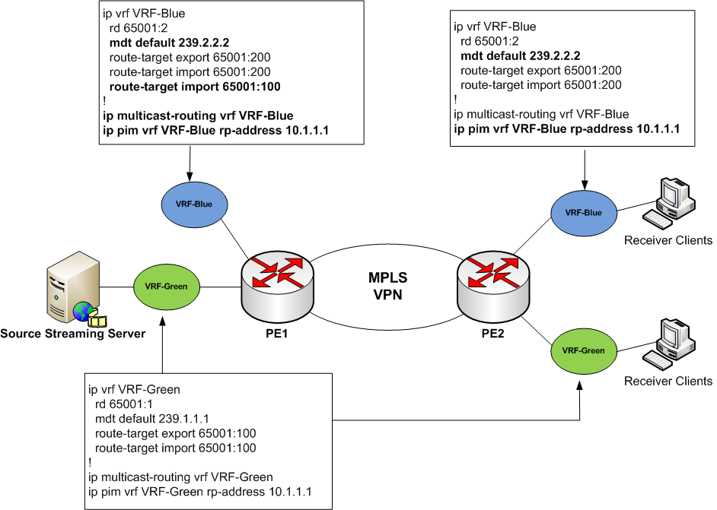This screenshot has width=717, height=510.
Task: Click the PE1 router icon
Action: [x=276, y=280]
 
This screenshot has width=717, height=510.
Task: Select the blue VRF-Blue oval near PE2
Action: [x=584, y=213]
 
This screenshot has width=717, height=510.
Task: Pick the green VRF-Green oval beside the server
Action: [x=166, y=287]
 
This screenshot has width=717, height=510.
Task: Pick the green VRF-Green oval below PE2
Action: [x=583, y=350]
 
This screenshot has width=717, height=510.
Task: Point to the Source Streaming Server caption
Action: [x=73, y=334]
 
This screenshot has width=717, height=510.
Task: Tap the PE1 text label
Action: [x=276, y=332]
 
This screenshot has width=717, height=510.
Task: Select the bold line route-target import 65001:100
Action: [x=195, y=87]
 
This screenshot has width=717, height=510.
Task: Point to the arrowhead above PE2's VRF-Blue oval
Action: [x=584, y=182]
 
